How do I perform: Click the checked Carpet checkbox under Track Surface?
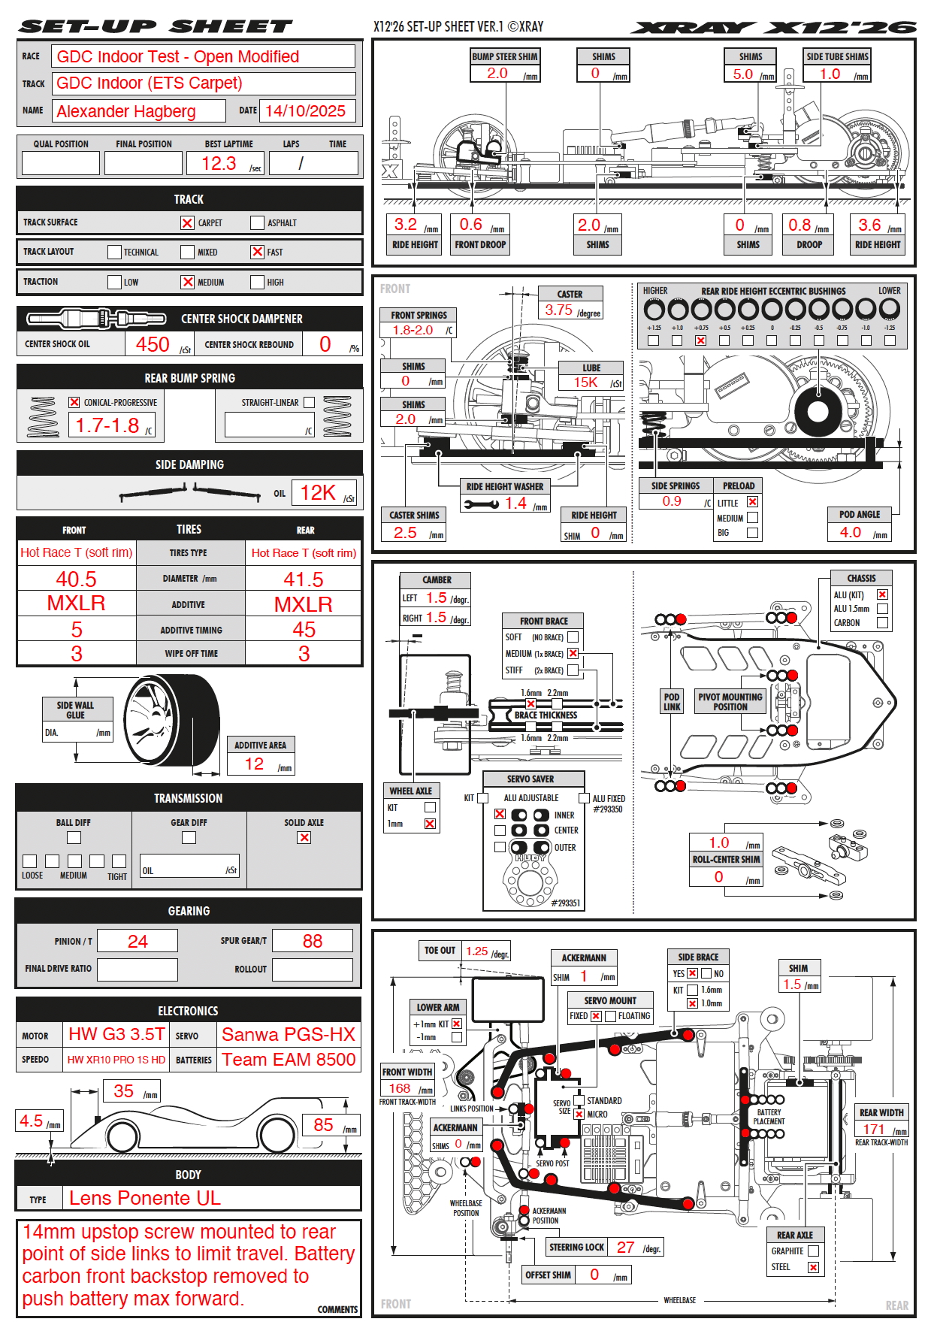(x=187, y=222)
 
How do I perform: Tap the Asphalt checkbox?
(x=257, y=222)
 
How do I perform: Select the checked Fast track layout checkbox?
(x=257, y=252)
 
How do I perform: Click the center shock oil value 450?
(x=153, y=344)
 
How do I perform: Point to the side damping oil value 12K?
(x=318, y=493)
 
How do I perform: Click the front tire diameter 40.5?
(x=77, y=579)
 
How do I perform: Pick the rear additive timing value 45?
(x=304, y=629)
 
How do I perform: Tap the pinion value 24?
(x=138, y=941)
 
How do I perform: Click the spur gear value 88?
(x=312, y=941)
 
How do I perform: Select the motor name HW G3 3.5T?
(x=116, y=1034)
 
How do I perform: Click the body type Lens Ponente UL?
(x=145, y=1198)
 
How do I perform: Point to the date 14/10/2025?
(x=305, y=110)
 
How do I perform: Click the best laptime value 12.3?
(x=219, y=163)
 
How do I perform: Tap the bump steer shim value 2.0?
(x=497, y=74)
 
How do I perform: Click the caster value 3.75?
(x=559, y=310)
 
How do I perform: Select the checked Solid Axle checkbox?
(x=304, y=837)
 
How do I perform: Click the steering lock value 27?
(x=625, y=1247)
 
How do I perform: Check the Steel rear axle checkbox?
(x=813, y=1267)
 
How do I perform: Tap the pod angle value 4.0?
(x=850, y=532)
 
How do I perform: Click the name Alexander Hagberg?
(x=126, y=111)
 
